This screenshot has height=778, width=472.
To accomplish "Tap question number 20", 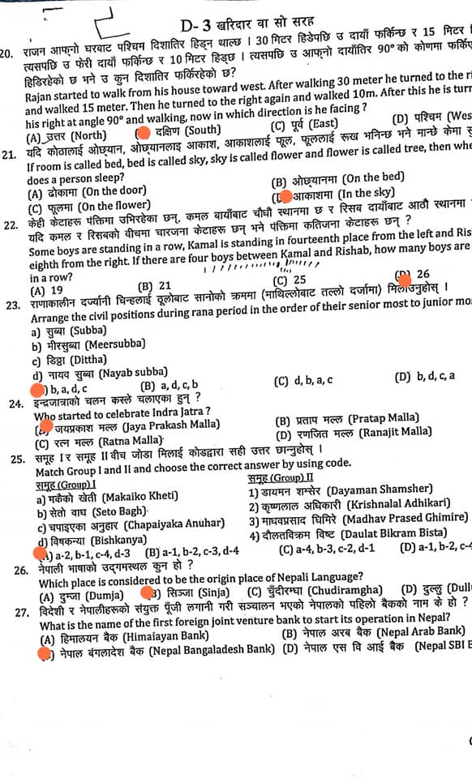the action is point(9,53).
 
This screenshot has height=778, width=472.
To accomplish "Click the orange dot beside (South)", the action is point(144,130).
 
